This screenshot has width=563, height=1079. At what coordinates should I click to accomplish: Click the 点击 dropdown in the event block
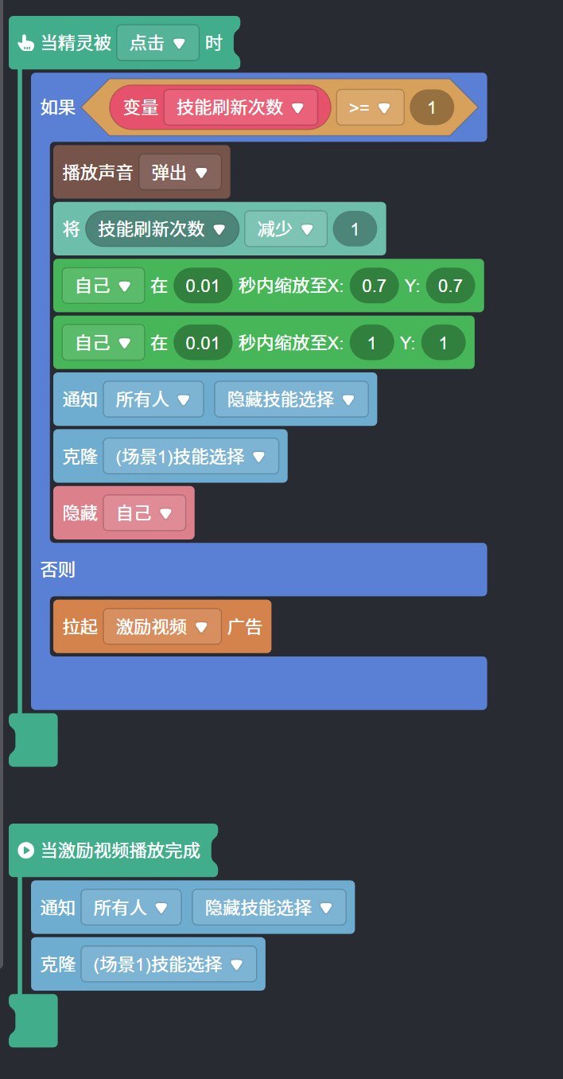pos(157,43)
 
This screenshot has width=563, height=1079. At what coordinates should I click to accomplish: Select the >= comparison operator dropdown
pos(370,107)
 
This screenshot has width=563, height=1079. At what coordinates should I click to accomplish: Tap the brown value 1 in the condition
pos(432,107)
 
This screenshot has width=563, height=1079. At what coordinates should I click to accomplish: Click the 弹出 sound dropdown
pos(180,173)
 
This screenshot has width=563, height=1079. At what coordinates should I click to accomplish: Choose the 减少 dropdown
pos(285,229)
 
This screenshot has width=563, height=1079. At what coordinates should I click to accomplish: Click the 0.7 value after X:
pos(374,286)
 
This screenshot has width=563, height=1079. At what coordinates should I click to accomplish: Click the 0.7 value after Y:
pos(450,286)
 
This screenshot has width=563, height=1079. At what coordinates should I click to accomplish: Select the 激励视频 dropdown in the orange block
pos(162,627)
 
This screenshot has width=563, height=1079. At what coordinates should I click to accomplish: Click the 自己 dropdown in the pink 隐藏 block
pos(144,513)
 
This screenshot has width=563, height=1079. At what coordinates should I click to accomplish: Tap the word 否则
pos(58,569)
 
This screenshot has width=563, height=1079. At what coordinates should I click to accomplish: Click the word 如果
pos(58,107)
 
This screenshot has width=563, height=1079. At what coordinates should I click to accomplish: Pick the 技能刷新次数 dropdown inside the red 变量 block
pos(241,107)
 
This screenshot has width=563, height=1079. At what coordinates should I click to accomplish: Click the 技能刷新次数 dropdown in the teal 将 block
pos(162,229)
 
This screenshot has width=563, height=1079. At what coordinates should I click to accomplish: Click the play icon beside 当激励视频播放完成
pos(25,851)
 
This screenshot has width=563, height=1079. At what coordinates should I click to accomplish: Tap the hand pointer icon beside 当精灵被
pos(25,43)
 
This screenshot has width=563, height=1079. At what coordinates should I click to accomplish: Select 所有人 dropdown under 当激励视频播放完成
pos(130,907)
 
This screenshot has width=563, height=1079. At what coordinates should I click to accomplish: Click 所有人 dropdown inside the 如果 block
pos(153,399)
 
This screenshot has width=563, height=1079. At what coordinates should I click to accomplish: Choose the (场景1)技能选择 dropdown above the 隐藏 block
pos(191,457)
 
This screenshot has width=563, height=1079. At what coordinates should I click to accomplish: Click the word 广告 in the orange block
pos(245,627)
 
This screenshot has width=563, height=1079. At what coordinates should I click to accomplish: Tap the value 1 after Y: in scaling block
pos(443,343)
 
